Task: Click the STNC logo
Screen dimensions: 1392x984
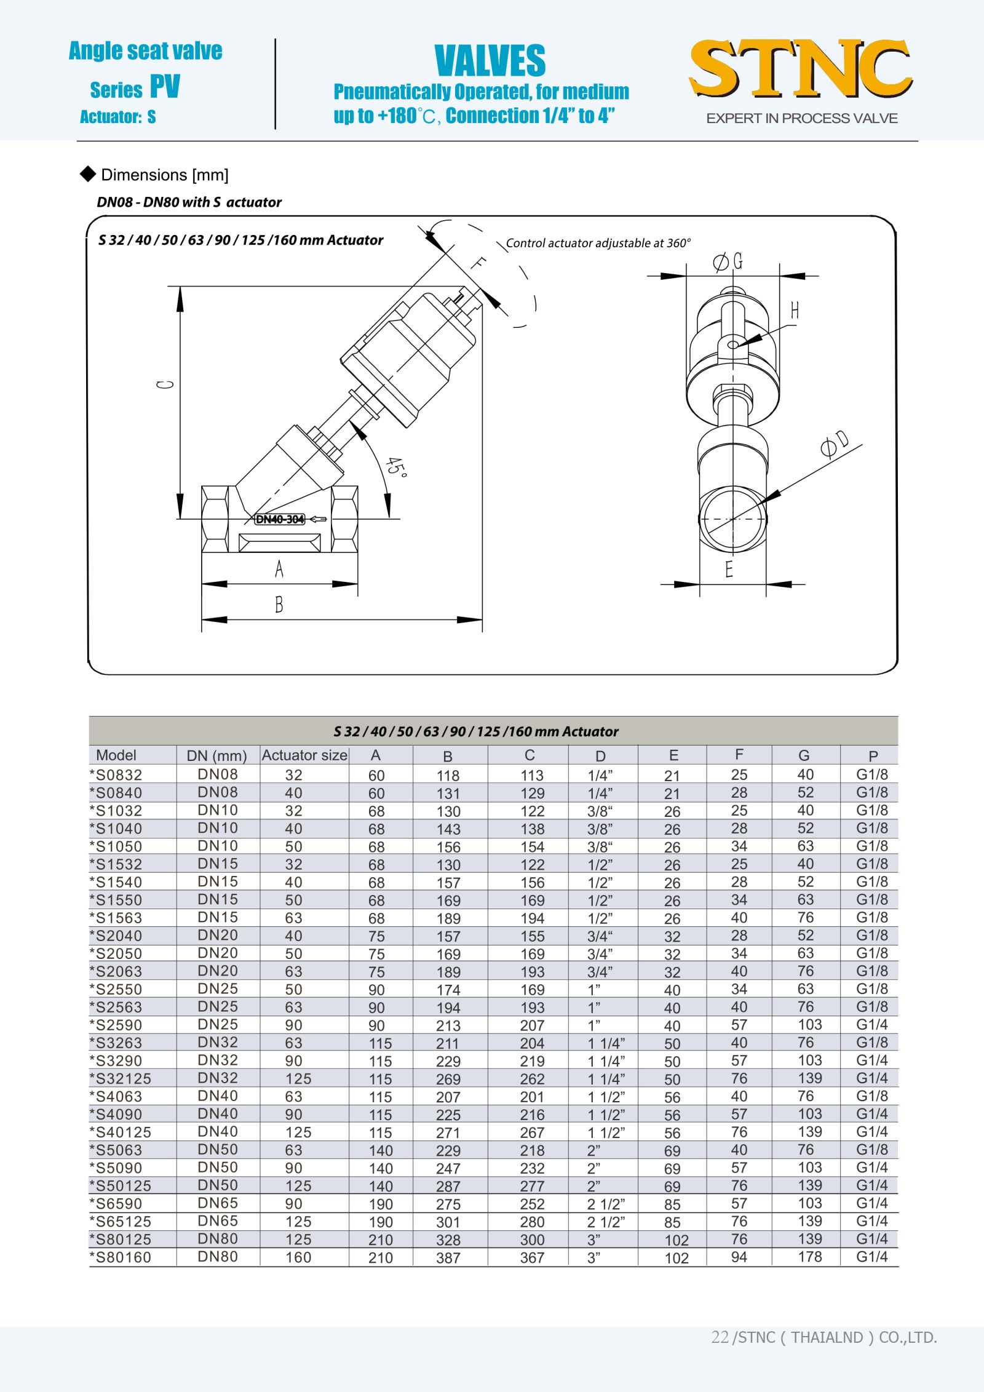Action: [x=801, y=69]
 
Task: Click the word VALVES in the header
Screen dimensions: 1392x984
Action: [x=490, y=60]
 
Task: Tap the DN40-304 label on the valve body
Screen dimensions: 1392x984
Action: [x=280, y=519]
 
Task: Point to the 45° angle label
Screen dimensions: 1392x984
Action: [x=396, y=468]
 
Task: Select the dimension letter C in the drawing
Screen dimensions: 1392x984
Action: [x=165, y=384]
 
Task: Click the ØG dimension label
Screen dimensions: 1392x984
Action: [x=728, y=262]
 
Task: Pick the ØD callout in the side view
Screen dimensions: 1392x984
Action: [x=835, y=443]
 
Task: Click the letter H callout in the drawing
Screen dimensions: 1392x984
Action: [x=795, y=310]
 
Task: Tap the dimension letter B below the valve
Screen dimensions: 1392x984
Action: [x=279, y=605]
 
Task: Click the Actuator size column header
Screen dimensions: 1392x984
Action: [x=304, y=755]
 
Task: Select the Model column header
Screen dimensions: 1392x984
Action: [x=116, y=755]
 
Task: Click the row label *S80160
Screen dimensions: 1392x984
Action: [x=121, y=1257]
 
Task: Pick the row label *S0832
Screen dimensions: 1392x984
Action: [x=116, y=775]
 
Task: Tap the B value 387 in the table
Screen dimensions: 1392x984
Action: [x=448, y=1258]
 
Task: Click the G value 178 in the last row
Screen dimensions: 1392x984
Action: [x=809, y=1257]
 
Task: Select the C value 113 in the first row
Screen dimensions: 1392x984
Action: [x=532, y=776]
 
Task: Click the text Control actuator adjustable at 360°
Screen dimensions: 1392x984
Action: [x=598, y=243]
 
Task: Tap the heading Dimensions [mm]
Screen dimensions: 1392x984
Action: [x=164, y=175]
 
